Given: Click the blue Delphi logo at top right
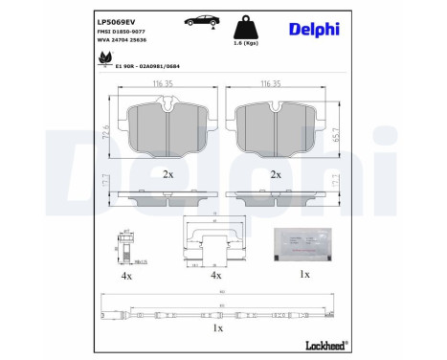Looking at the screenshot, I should click(316, 30).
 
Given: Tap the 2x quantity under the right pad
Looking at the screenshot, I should click(276, 174).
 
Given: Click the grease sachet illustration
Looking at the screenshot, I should click(304, 243).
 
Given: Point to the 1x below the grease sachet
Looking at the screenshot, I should click(303, 274).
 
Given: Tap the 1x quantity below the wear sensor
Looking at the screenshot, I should click(217, 327).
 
